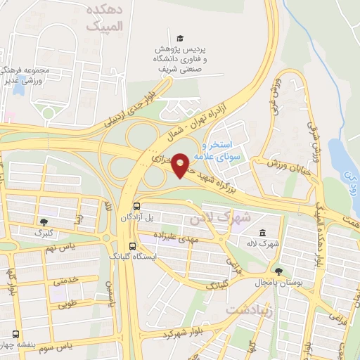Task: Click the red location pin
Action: coord(181,165)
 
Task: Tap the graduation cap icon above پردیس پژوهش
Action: coord(180,37)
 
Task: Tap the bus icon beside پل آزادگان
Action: coord(136,206)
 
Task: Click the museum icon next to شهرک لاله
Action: coord(262,233)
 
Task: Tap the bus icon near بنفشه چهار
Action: coord(15,335)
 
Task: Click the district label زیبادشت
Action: coord(250,310)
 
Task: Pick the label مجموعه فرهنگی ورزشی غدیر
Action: coord(25,75)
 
